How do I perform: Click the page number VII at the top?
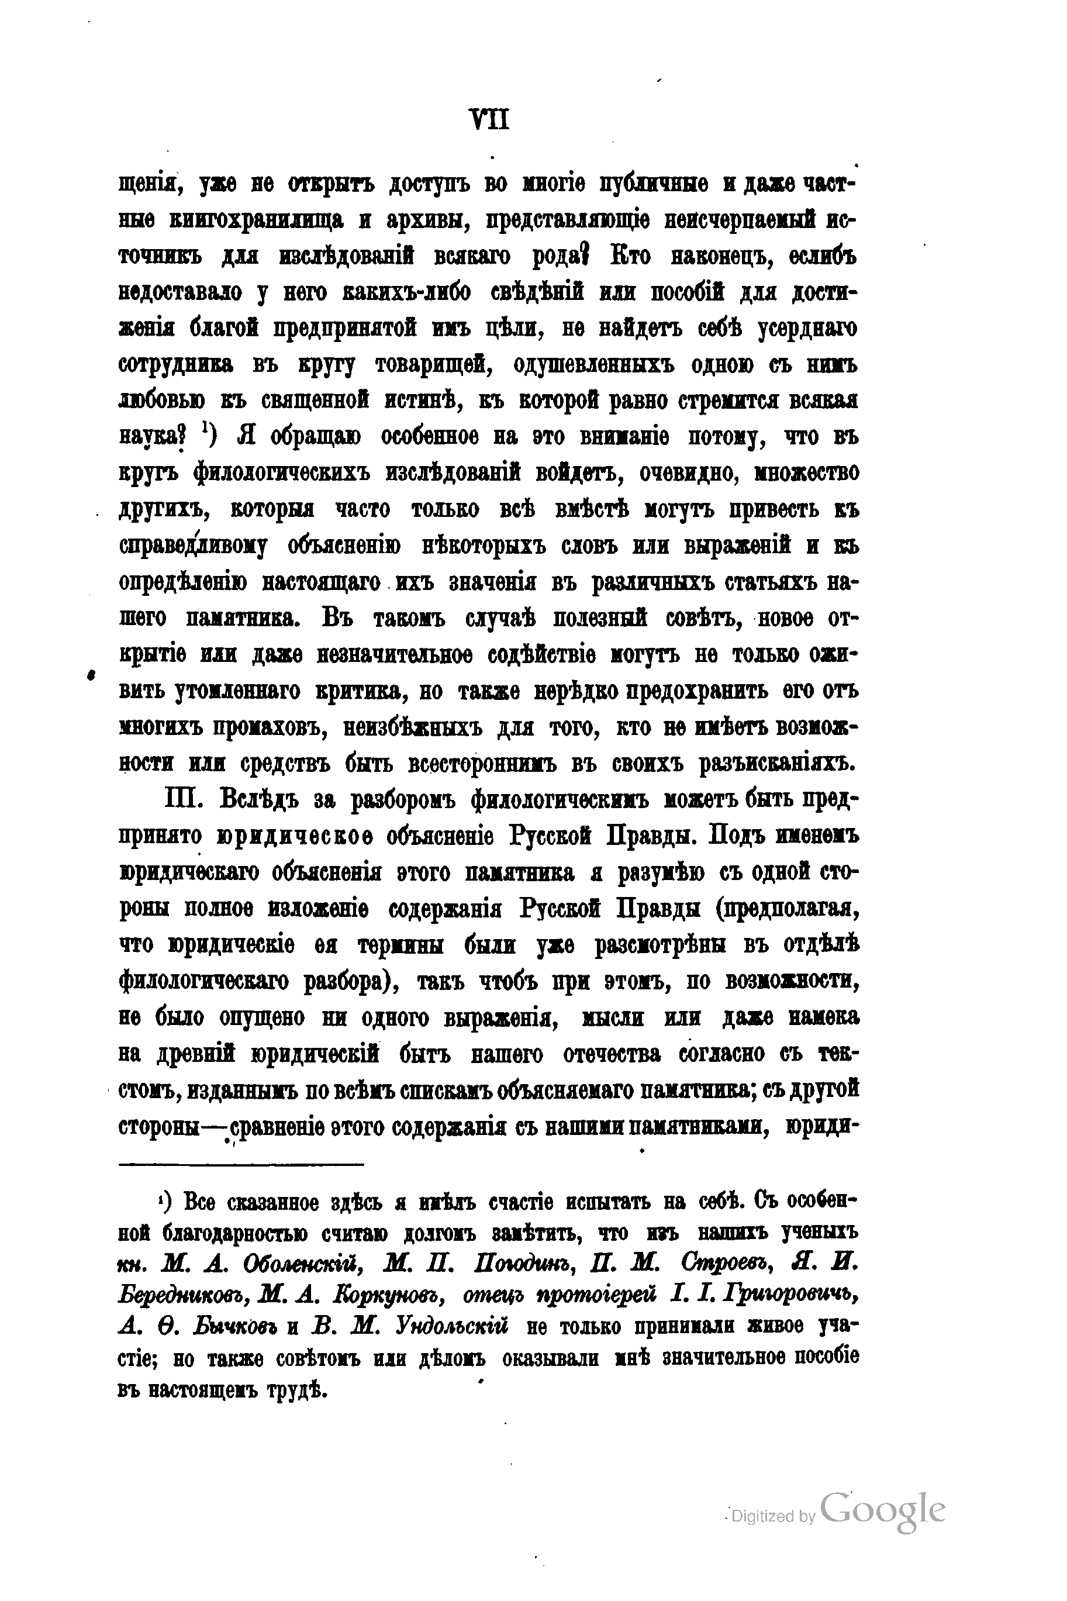(x=489, y=120)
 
